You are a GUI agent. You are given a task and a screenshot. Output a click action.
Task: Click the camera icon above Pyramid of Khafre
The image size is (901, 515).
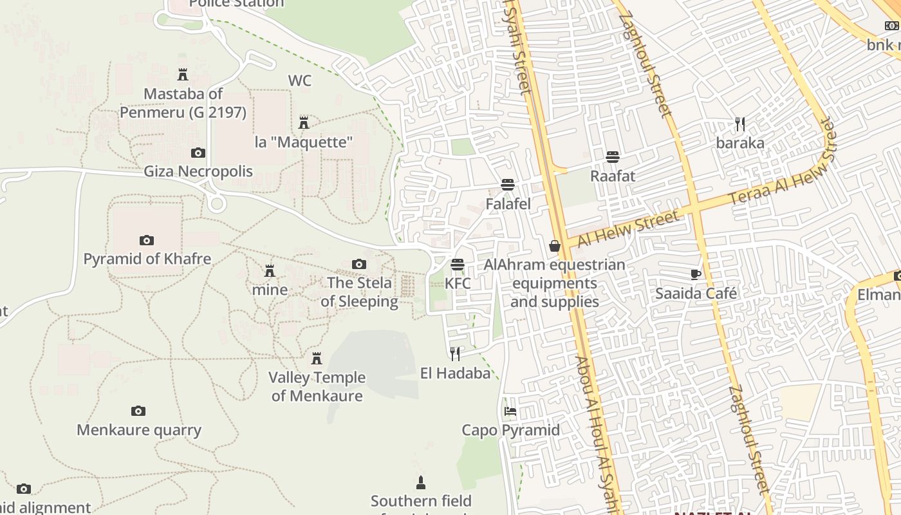pyautogui.click(x=147, y=241)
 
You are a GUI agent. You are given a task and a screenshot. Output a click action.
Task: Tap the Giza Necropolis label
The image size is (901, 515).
pyautogui.click(x=198, y=171)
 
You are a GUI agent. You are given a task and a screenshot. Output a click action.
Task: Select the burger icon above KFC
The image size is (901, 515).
pyautogui.click(x=458, y=265)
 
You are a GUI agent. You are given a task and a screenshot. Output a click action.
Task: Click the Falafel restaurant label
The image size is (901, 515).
pyautogui.click(x=508, y=204)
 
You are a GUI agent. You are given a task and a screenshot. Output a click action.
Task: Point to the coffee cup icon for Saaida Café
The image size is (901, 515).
pyautogui.click(x=696, y=275)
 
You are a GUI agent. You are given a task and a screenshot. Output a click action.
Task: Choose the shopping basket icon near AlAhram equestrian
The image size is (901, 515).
pyautogui.click(x=555, y=246)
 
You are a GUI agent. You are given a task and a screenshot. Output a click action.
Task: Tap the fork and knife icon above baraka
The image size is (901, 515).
pyautogui.click(x=740, y=124)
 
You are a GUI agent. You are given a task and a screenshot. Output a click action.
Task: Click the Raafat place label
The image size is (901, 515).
pyautogui.click(x=613, y=176)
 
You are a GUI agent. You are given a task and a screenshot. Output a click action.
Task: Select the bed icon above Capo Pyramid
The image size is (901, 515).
pyautogui.click(x=510, y=411)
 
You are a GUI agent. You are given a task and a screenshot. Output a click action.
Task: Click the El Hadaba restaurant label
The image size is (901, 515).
pyautogui.click(x=455, y=373)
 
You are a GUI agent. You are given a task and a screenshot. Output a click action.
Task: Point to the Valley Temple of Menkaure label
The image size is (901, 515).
pyautogui.click(x=317, y=386)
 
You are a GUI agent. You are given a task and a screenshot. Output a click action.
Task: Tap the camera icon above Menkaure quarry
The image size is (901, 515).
pyautogui.click(x=138, y=411)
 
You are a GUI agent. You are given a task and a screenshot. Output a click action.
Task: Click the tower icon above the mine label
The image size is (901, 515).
pyautogui.click(x=270, y=271)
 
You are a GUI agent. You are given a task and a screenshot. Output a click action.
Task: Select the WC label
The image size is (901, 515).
pyautogui.click(x=299, y=80)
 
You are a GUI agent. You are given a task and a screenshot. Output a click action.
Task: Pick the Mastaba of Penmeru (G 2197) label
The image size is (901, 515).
pyautogui.click(x=183, y=103)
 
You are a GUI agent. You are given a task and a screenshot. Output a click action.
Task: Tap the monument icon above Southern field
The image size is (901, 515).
pyautogui.click(x=421, y=483)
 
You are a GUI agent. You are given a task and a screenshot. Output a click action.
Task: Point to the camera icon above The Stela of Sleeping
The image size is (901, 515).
pyautogui.click(x=359, y=264)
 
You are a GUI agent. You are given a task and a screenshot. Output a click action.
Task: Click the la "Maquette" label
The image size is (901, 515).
pyautogui.click(x=304, y=142)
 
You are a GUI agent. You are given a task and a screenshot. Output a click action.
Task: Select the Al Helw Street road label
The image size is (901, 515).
pyautogui.click(x=628, y=230)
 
